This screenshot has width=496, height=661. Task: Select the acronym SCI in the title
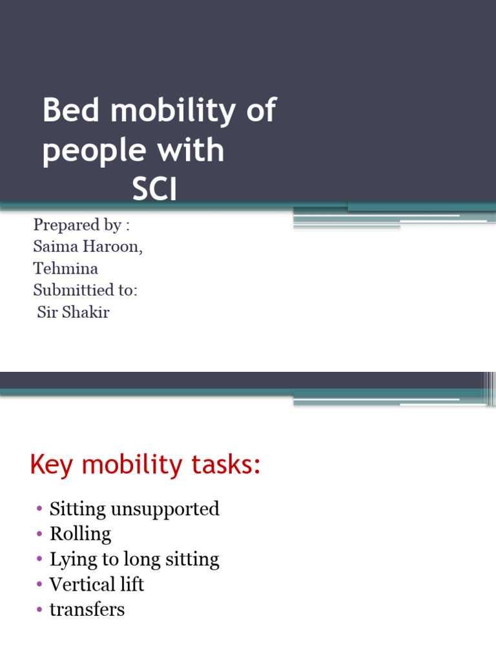pos(154,190)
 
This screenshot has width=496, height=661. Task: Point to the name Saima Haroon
pos(88,247)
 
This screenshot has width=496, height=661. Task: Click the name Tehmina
pos(65,269)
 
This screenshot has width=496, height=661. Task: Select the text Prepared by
pos(77,225)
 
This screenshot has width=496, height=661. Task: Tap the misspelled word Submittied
pos(85,290)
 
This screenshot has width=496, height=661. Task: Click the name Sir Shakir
pos(73,313)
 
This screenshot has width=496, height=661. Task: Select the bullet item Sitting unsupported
pos(134,509)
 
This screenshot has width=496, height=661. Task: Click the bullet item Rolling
pos(80,534)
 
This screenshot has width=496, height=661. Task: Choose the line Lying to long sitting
pos(134,559)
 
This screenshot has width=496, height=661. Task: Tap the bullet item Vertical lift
pos(97,584)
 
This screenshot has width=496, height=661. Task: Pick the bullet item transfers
pos(87,609)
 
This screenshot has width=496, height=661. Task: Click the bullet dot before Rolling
pos(40,534)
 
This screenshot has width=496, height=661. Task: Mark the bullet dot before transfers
pos(40,609)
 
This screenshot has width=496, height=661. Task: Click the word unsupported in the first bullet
pos(165,509)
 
